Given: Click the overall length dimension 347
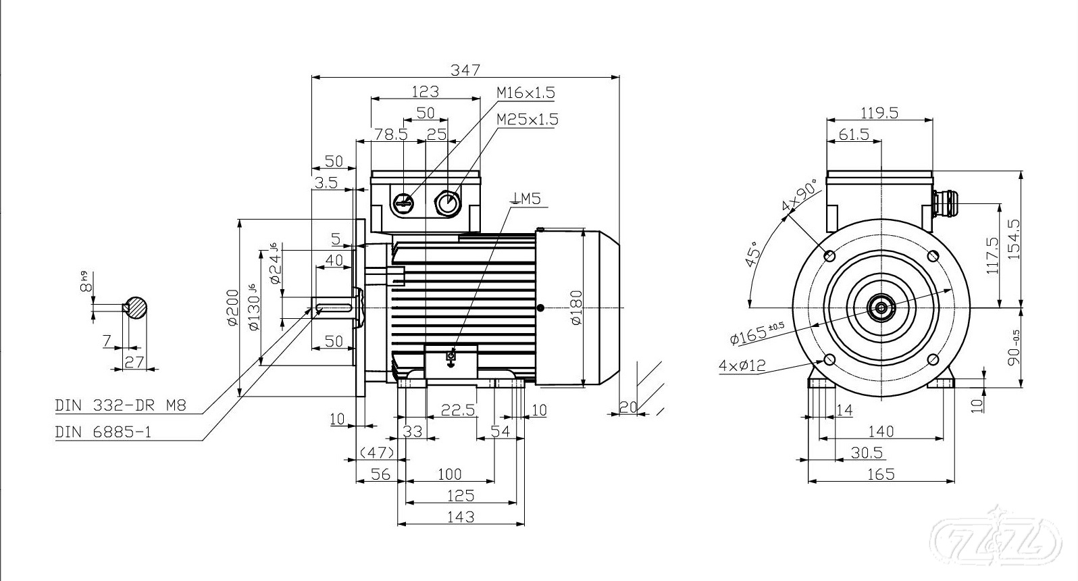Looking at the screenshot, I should (465, 70).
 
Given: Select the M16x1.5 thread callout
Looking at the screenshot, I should (525, 93).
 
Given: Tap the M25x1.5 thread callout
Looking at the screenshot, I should (528, 120).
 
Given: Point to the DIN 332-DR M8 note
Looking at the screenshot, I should (120, 405).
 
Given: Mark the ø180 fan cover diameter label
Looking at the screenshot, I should (576, 307).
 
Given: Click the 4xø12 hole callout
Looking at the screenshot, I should (742, 365).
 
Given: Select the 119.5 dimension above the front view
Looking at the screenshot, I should (879, 113).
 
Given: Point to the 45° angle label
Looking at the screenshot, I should (752, 254).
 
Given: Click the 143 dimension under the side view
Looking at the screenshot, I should (461, 517).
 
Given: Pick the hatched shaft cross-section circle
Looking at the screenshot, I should (137, 307).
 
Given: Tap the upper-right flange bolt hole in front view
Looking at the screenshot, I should (933, 255).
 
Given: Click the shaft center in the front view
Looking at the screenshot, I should (881, 308).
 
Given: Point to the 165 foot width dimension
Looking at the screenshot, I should (880, 474).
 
